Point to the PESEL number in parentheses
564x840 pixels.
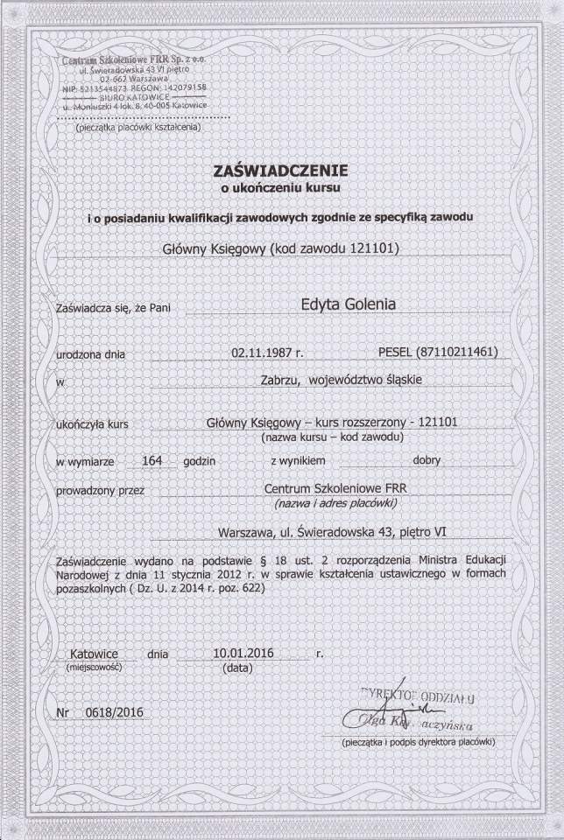coord(448,353)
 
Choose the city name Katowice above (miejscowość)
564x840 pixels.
coord(95,653)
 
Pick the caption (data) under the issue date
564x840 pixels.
coord(237,667)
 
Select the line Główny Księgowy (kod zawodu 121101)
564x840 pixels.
coord(281,248)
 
